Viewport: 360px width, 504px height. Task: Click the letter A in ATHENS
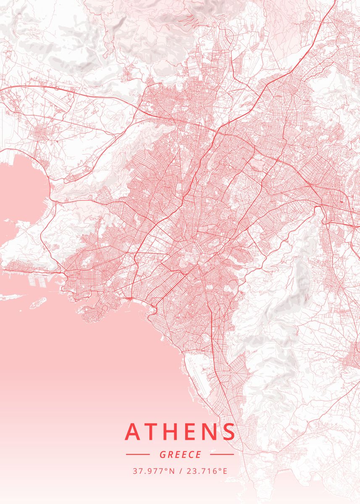[133, 431]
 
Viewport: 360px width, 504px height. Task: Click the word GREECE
[180, 454]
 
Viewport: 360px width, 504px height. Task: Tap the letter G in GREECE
[162, 454]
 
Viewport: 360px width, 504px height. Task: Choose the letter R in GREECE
[170, 454]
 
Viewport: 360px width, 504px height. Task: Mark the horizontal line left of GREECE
[138, 454]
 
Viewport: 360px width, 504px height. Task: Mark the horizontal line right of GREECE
[222, 454]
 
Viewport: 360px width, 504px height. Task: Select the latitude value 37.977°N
[153, 471]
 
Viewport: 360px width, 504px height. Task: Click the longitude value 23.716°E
[206, 471]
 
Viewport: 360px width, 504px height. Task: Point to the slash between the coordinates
[180, 471]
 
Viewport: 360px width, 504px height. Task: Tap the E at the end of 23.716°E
[225, 471]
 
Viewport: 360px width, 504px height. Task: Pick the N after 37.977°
[171, 471]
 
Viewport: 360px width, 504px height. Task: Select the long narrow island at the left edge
[11, 297]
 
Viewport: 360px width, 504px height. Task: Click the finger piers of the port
[40, 281]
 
